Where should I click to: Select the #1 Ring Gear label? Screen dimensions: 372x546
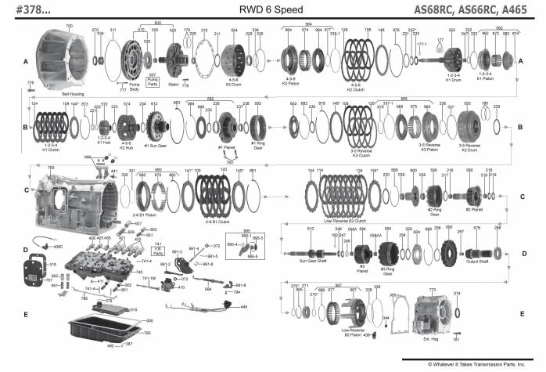tap(257, 146)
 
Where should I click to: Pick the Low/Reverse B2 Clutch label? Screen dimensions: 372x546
tap(346, 221)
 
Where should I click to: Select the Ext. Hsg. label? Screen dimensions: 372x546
tap(433, 338)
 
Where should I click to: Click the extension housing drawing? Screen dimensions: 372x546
tap(438, 313)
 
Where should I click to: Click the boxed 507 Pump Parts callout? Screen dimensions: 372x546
tap(153, 79)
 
